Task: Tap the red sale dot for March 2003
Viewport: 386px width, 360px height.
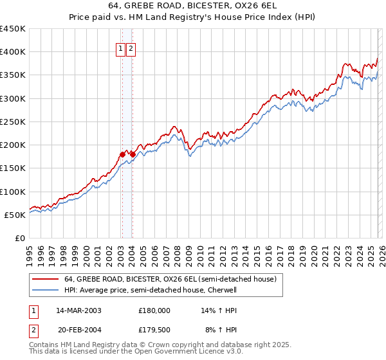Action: tap(122, 154)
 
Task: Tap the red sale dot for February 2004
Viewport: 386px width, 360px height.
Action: tap(133, 154)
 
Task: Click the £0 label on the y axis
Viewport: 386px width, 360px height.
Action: tap(20, 238)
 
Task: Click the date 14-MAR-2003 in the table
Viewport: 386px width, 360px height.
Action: tap(78, 310)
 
